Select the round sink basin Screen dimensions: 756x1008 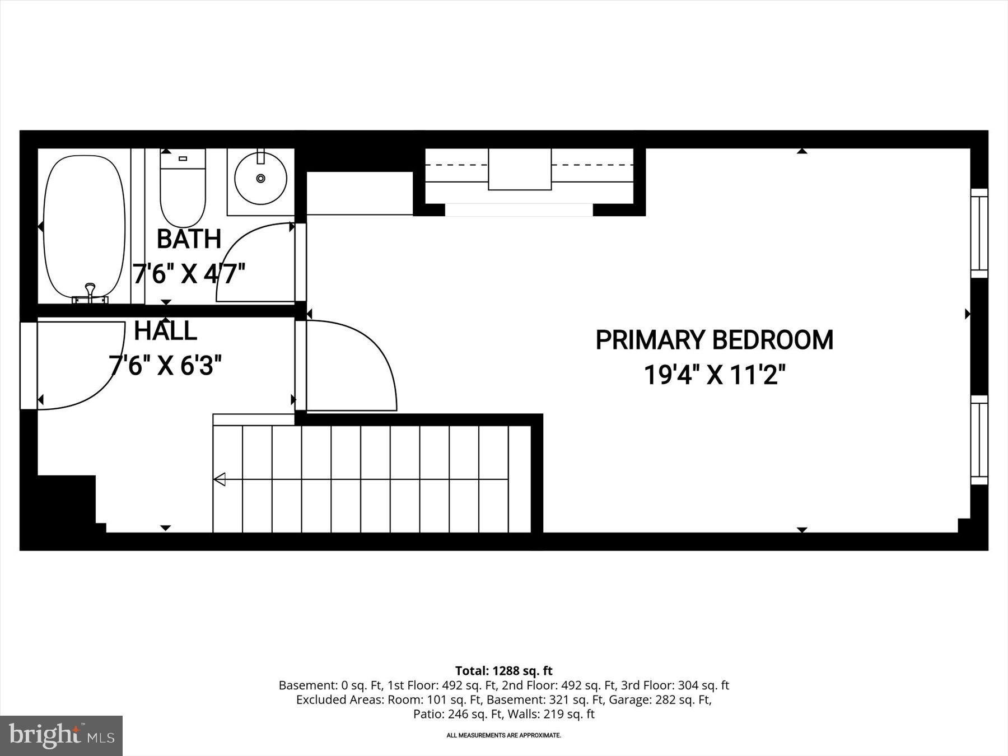260,178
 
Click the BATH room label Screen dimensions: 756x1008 189,239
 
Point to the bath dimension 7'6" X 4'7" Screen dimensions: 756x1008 189,274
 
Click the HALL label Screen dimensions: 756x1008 165,331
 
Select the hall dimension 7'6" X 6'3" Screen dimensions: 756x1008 165,366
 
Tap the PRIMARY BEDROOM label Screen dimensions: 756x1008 714,340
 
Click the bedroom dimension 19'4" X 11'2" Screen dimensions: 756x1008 714,375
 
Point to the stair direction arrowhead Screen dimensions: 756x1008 220,479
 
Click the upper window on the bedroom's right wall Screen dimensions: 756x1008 979,233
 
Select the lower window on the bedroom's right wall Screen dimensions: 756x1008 979,440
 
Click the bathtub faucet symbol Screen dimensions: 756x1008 90,294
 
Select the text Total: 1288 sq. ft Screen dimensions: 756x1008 503,670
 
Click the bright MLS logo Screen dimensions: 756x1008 61,735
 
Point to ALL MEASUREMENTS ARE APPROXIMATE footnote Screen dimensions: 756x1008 503,735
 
